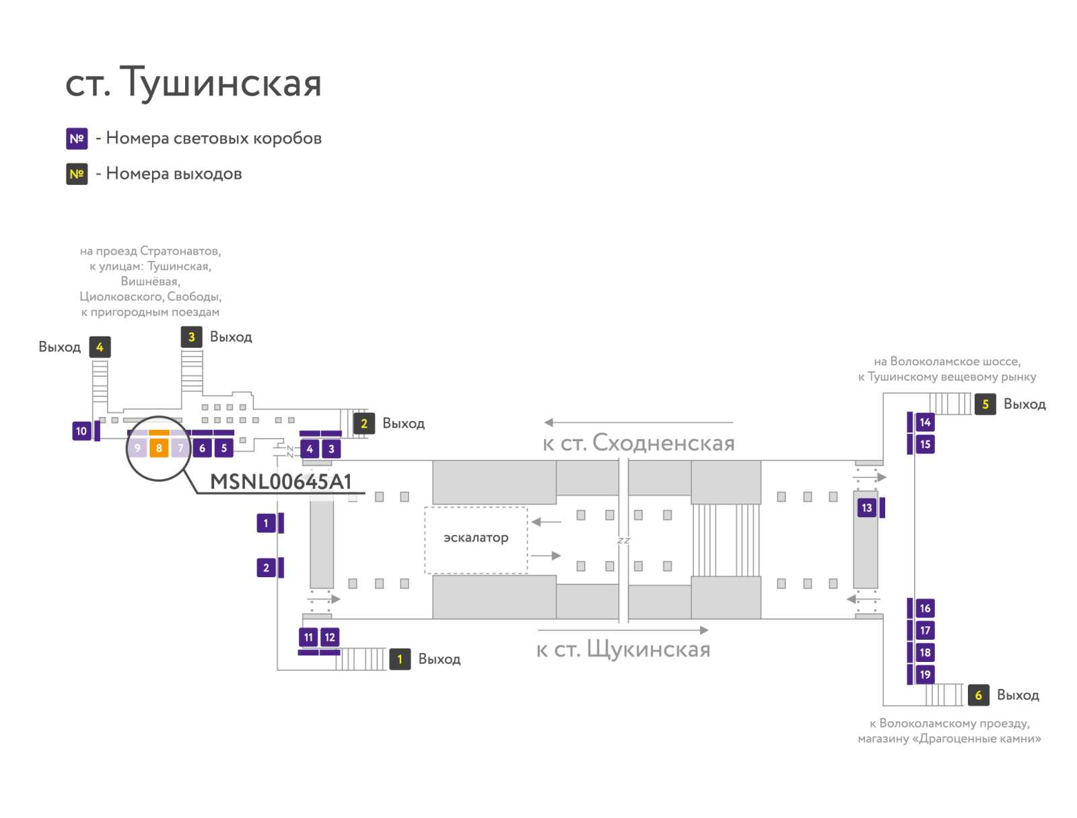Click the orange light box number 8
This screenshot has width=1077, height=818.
(x=158, y=447)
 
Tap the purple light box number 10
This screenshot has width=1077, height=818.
(x=81, y=431)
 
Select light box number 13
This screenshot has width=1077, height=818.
(x=866, y=507)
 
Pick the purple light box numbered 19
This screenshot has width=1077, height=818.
(x=925, y=675)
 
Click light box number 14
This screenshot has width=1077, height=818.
(x=925, y=422)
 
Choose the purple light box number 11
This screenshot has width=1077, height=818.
(x=308, y=637)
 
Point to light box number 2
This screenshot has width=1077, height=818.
(x=266, y=568)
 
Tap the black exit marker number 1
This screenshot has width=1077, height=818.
(x=400, y=659)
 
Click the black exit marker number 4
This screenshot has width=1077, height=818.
(x=100, y=347)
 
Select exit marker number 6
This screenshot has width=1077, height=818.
(x=978, y=695)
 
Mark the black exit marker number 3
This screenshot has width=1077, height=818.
(x=191, y=337)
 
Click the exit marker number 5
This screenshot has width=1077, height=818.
(x=985, y=404)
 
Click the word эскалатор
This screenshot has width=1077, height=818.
(x=476, y=537)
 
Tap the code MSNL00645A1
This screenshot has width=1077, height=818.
(x=281, y=482)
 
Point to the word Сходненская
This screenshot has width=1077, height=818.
(x=664, y=443)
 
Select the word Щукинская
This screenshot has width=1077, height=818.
(x=649, y=649)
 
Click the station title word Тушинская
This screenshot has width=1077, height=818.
(x=220, y=82)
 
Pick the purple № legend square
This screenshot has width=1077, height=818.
(x=77, y=139)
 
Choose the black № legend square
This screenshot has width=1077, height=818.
(x=77, y=174)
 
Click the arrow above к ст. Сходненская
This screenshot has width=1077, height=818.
(x=639, y=422)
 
